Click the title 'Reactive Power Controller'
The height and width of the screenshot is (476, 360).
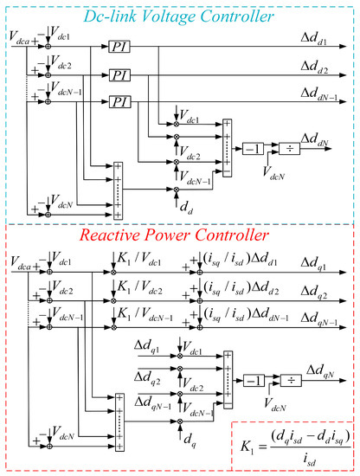point(180,235)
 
